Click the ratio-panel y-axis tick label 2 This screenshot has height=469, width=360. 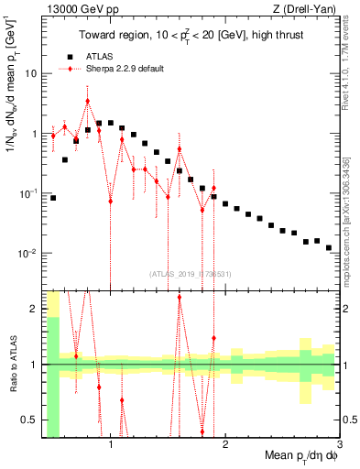tap(33, 309)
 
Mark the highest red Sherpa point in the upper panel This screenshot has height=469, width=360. tap(87, 101)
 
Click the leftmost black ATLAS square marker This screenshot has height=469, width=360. tap(53, 197)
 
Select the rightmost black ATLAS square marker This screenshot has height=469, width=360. tap(328, 247)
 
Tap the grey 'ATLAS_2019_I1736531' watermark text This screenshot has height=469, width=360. tap(191, 273)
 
